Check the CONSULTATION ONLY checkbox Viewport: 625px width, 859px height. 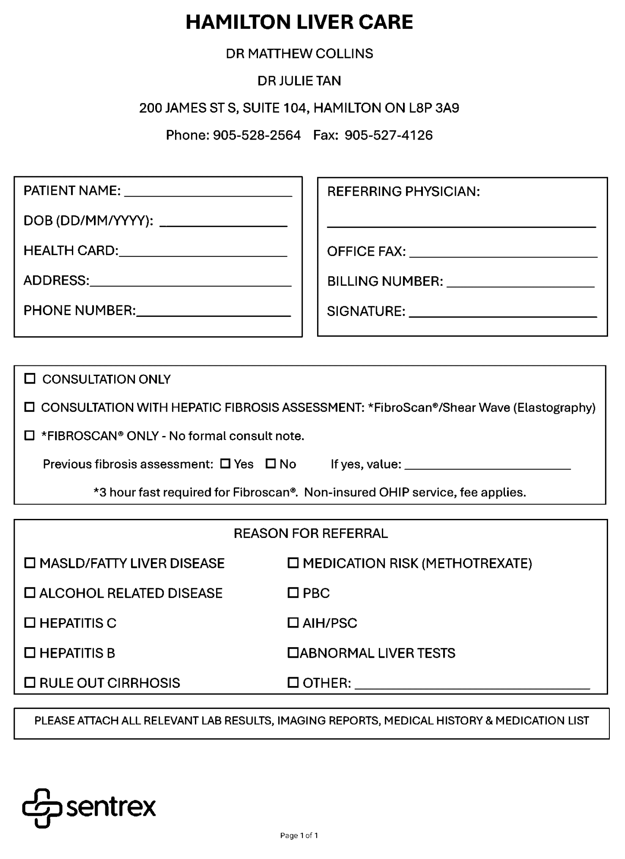30,378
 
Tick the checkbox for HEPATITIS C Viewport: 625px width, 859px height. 30,623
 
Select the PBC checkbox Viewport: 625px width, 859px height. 293,593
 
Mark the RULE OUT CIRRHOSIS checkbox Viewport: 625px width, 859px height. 30,682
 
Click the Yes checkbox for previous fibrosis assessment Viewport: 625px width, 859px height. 225,464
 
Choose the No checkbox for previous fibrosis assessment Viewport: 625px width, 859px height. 271,464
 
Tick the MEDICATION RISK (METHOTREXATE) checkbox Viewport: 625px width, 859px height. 293,563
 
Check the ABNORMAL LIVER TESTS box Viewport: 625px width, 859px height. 293,652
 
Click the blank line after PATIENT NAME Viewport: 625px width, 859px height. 208,192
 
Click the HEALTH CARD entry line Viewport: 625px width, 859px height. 203,252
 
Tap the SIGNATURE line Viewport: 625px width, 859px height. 503,313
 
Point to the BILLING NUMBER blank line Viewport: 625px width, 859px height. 521,283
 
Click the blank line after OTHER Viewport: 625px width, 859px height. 472,685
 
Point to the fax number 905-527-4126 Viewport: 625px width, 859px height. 388,135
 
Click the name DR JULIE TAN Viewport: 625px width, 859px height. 299,81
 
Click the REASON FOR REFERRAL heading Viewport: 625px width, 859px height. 310,533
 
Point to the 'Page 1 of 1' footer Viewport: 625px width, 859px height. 299,835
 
